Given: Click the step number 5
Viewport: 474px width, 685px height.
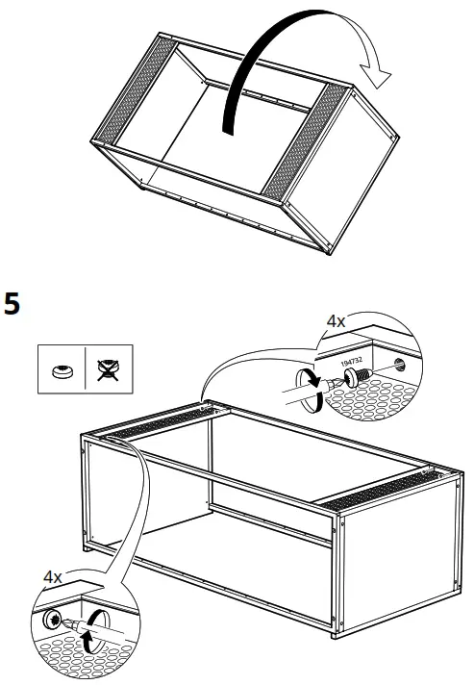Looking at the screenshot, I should pos(12,305).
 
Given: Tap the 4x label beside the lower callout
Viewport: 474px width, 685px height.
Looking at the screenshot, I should pos(54,577).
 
